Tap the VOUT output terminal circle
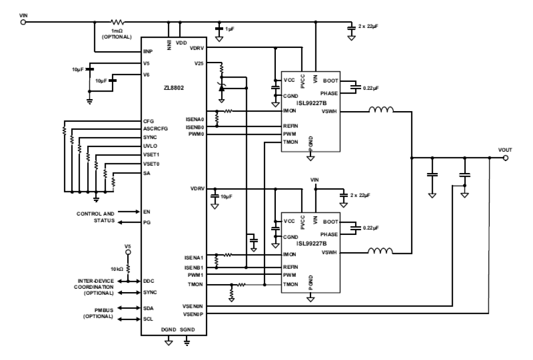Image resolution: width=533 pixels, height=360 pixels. click(505, 158)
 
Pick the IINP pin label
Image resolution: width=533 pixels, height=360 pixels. click(148, 52)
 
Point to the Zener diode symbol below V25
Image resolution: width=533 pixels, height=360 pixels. click(221, 88)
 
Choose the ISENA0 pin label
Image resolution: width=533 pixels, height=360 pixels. click(196, 119)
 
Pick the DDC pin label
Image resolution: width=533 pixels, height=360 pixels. click(149, 281)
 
